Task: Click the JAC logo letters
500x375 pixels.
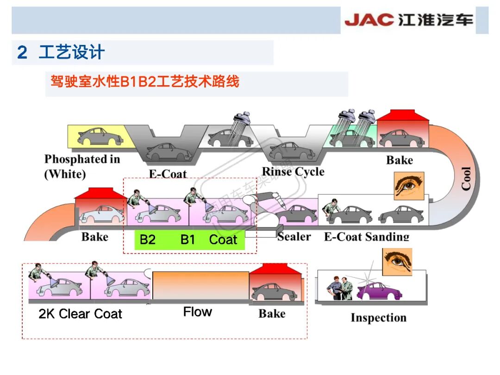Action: point(368,20)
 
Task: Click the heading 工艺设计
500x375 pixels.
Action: point(71,52)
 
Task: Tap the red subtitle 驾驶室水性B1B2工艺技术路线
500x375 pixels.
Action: point(145,82)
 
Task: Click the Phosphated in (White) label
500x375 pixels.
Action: point(82,167)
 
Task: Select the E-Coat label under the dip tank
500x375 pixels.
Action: point(168,174)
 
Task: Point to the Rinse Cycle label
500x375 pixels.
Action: point(293,172)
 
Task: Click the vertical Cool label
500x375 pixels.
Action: point(466,178)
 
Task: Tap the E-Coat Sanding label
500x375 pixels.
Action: point(367,237)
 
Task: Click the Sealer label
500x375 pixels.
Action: point(294,237)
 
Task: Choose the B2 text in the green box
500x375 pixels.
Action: point(147,240)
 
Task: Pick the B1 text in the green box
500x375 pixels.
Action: point(188,240)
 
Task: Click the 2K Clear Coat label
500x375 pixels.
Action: point(80,314)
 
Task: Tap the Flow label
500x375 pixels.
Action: point(197,312)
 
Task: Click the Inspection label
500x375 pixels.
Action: point(378,318)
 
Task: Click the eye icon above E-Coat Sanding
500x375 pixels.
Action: point(408,186)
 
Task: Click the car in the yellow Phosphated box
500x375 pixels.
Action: point(100,136)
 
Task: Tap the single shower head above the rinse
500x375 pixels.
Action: point(242,121)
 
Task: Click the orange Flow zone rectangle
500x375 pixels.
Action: point(200,285)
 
